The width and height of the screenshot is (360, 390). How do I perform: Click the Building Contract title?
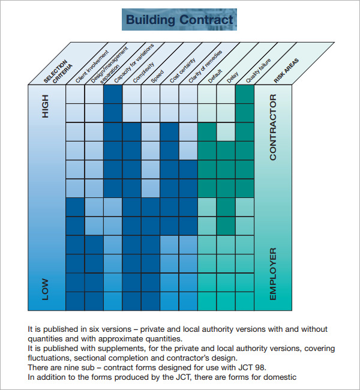pos(179,20)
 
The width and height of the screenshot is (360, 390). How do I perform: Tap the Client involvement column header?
pos(92,67)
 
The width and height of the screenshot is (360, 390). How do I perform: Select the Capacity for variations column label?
pos(134,63)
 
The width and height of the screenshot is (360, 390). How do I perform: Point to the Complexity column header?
pos(143,73)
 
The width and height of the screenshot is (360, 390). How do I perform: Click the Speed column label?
pos(157,76)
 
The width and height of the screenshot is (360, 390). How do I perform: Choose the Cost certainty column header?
pos(182,70)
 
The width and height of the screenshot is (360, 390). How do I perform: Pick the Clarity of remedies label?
pos(205,67)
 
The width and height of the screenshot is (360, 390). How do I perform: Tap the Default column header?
pos(215,76)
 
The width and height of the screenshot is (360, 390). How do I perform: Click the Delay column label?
pos(233,77)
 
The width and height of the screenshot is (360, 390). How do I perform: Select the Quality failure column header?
pos(258,71)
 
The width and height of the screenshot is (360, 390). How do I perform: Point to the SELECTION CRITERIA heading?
pos(58,71)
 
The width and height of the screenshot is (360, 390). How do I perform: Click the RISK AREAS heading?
pos(286,71)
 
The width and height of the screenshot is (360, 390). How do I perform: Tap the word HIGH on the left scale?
pos(45,106)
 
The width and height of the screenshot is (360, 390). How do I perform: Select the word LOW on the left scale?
pos(45,289)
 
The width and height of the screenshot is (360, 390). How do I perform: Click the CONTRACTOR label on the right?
pos(273,127)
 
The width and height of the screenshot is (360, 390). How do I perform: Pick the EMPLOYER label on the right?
pos(273,274)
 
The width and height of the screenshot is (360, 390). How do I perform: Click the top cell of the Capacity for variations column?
pos(113,94)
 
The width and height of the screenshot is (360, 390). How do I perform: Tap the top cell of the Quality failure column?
pos(245,94)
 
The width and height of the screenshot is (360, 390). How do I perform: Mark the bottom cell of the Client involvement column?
pos(75,301)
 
